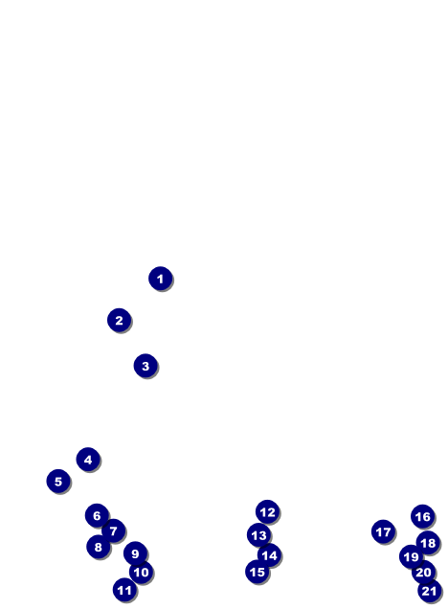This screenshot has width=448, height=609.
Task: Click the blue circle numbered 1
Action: point(160,278)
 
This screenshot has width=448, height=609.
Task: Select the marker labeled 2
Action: point(120,320)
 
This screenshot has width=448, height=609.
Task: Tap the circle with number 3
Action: point(146,366)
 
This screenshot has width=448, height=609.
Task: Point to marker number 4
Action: point(88,460)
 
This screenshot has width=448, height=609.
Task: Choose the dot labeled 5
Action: point(58,482)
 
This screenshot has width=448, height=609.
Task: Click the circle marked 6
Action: point(97,515)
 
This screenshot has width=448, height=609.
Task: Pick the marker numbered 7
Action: point(113,530)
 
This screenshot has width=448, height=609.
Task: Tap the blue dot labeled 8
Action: point(99,547)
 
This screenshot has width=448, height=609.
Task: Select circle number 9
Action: point(135,553)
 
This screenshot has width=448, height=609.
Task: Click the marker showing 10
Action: point(141,572)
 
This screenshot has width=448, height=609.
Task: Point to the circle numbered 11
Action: point(124,590)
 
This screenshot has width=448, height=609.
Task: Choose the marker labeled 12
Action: point(267,512)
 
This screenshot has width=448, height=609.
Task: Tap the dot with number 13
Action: point(258,535)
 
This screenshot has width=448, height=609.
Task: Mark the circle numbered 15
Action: point(257,572)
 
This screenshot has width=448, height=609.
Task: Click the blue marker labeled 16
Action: point(422,516)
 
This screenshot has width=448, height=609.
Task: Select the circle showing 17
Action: point(383,531)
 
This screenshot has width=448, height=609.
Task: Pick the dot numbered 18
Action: point(428,543)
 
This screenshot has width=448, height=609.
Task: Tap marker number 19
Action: point(411,556)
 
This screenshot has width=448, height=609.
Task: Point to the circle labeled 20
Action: point(423,572)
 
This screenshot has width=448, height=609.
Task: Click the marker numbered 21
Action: point(430,591)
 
